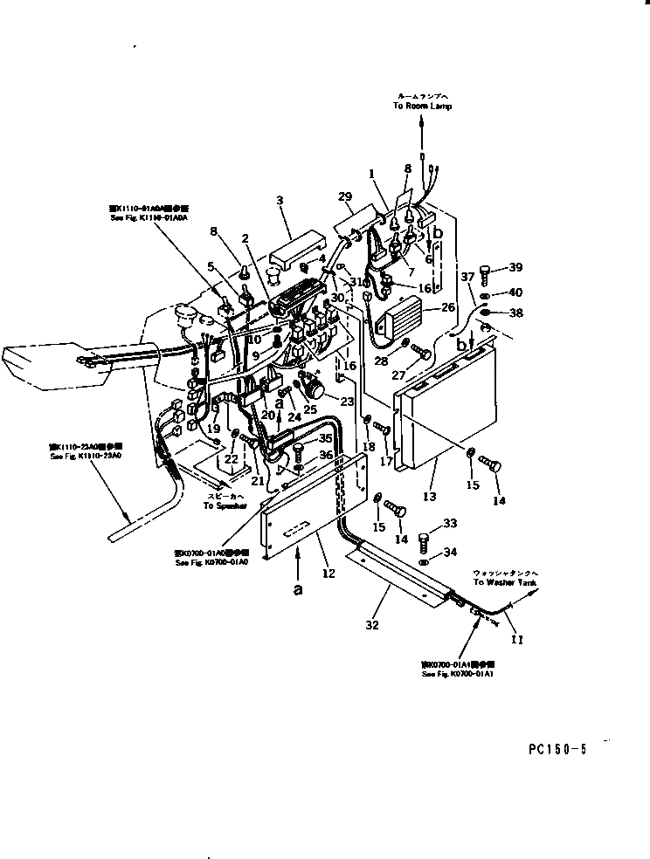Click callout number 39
click(x=515, y=267)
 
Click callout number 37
click(x=467, y=276)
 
